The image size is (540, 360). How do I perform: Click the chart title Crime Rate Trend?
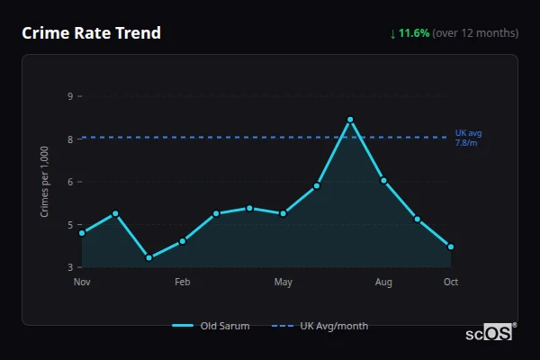click(91, 33)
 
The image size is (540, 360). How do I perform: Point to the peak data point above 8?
click(350, 120)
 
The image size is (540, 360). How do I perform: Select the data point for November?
click(82, 233)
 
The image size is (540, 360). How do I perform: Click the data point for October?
click(451, 247)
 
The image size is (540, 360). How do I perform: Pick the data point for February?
click(183, 241)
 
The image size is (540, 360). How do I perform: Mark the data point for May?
click(283, 213)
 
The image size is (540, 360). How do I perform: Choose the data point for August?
click(383, 181)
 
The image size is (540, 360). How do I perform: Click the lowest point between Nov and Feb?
click(148, 258)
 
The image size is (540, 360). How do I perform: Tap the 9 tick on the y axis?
click(70, 95)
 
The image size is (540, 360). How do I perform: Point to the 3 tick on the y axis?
click(70, 267)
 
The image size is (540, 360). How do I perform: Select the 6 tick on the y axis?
click(70, 182)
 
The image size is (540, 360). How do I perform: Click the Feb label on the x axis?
click(183, 283)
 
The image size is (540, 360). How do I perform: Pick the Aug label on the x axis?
click(383, 283)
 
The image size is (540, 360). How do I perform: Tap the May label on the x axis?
click(283, 283)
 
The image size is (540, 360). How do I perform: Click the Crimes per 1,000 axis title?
click(44, 182)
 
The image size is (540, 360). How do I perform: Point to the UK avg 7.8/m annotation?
click(468, 138)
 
